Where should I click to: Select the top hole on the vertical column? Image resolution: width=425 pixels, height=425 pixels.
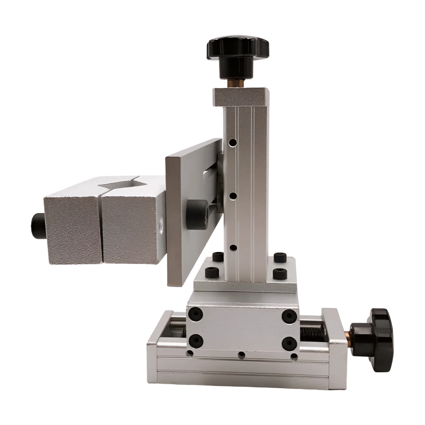tap(233, 143)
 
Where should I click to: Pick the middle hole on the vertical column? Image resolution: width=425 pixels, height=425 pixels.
tap(233, 196)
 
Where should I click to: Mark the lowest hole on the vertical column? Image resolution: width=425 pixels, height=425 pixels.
tap(233, 247)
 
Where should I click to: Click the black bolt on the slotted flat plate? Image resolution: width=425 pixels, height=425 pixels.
tap(196, 210)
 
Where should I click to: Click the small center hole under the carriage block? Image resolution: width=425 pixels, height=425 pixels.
tap(242, 354)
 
